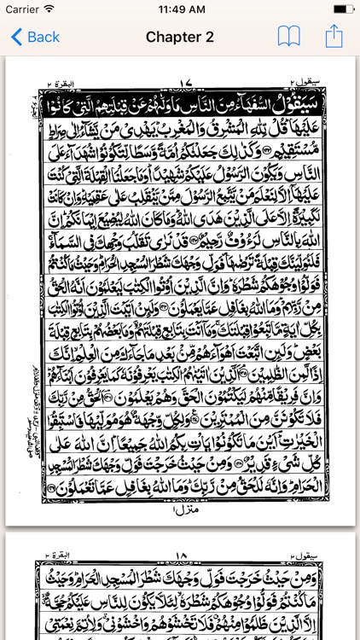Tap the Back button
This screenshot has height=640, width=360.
coord(36,37)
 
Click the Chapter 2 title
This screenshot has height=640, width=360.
coord(179,37)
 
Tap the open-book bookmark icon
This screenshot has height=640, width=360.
coord(289,37)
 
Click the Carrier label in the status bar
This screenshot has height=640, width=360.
coord(23,9)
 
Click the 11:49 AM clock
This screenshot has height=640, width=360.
coord(180,9)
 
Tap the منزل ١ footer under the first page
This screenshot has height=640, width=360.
coord(185,509)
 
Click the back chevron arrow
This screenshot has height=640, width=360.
coord(15,37)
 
